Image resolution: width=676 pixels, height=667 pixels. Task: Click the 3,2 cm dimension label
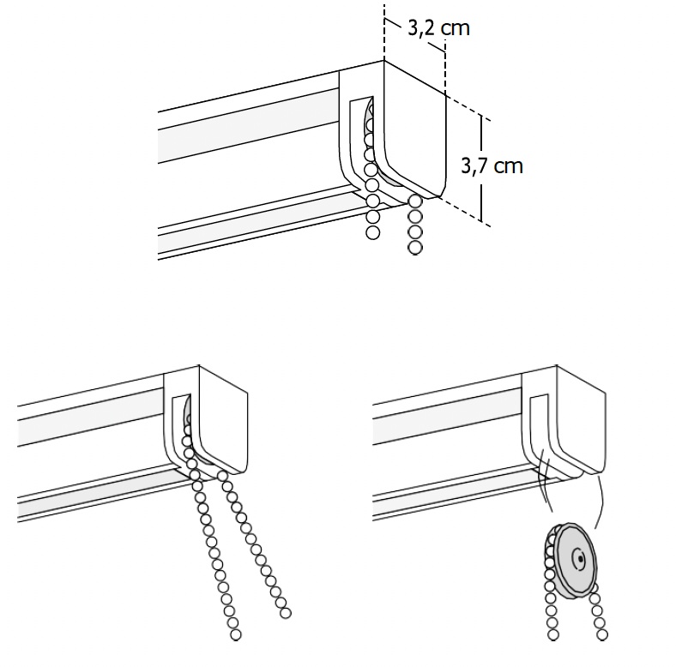(x=438, y=28)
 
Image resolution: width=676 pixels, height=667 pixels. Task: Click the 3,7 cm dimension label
(x=492, y=165)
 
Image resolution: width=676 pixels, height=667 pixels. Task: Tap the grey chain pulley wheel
(x=572, y=561)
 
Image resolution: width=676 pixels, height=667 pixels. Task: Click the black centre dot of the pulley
(x=581, y=559)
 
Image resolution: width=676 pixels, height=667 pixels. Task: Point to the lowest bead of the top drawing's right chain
(x=414, y=247)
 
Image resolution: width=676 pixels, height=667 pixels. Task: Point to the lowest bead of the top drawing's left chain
(x=373, y=232)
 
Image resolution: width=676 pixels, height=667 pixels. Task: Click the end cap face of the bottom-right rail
(x=581, y=420)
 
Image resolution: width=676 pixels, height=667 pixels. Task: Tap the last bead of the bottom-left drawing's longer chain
(x=235, y=634)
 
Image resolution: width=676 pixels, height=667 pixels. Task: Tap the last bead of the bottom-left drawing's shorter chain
(x=286, y=613)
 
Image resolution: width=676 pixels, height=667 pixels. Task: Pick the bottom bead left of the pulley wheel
(x=553, y=634)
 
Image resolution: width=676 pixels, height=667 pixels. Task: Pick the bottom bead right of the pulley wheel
(x=603, y=634)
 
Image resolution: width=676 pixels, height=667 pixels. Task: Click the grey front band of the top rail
(x=248, y=126)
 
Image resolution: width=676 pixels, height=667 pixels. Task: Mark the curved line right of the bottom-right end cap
(x=600, y=501)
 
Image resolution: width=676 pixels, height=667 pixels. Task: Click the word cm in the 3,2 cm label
(x=456, y=29)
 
